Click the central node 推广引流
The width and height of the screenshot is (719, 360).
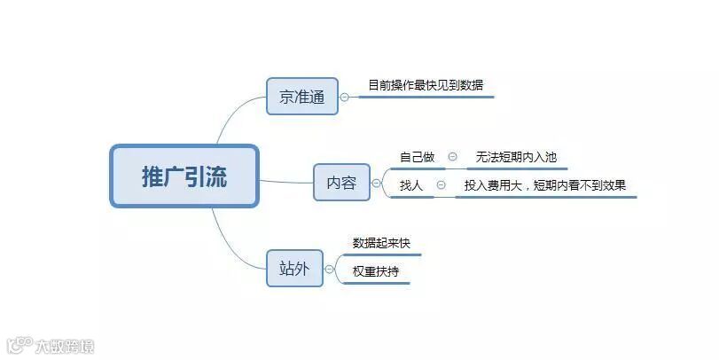(184, 176)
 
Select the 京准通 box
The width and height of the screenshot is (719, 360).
(302, 97)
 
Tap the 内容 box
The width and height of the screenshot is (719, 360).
(341, 183)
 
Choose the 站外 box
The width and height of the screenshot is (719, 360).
(294, 268)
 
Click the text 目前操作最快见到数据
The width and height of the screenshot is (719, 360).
(426, 86)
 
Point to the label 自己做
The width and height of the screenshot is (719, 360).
(417, 157)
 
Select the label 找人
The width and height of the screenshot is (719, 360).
(411, 185)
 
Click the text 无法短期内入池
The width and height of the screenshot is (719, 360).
(516, 157)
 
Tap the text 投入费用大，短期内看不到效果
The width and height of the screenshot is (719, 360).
(545, 185)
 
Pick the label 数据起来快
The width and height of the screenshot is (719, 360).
(381, 243)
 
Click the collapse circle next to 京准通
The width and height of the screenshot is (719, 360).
(345, 97)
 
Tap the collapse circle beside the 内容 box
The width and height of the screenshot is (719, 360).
(376, 184)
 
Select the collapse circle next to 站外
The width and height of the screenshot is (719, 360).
(329, 269)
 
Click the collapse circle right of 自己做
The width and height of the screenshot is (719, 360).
(452, 157)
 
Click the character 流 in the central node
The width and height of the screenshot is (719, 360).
(216, 176)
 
